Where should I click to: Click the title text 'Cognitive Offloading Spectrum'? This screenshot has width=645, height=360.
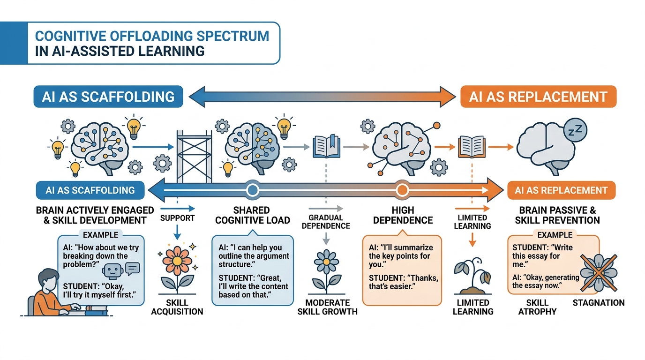(152, 36)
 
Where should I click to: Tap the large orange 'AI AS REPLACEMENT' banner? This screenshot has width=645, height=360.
(538, 97)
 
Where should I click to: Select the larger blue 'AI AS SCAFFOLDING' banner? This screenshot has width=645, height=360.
(108, 97)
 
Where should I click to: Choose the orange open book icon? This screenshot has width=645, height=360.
(472, 146)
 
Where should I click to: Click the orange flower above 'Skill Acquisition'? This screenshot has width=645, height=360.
(177, 268)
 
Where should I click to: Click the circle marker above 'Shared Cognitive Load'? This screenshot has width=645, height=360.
(252, 190)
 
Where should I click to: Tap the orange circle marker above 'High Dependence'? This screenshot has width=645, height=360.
(402, 190)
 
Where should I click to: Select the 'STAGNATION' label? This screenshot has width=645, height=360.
(599, 303)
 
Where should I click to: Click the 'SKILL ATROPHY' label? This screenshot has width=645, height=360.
(537, 307)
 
